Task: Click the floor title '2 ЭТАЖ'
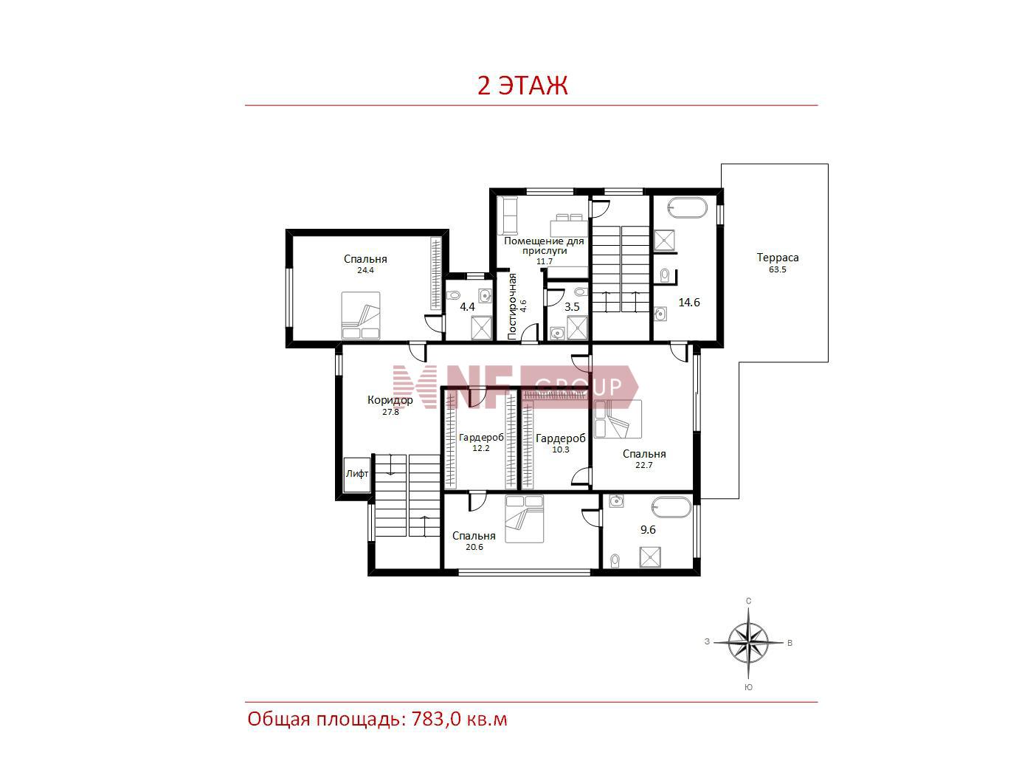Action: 522,86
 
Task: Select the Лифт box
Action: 356,475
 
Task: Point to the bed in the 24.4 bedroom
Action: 361,315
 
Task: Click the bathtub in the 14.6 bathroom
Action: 688,208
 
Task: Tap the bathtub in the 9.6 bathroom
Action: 671,506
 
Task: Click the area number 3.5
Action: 572,307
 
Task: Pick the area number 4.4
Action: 467,307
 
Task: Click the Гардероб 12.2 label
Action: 481,442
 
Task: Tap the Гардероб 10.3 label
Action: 561,443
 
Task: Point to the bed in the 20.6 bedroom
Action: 525,518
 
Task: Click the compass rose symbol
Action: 748,642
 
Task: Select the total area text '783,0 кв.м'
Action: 460,719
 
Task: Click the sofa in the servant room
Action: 508,216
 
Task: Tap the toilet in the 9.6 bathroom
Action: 614,560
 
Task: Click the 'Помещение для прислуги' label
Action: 544,246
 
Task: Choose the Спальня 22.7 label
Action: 644,459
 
